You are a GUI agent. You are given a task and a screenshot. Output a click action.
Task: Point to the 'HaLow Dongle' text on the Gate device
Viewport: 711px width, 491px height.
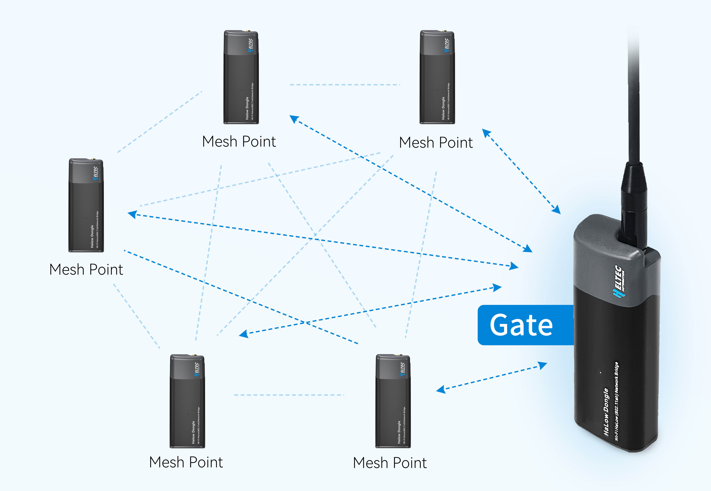[x=606, y=412]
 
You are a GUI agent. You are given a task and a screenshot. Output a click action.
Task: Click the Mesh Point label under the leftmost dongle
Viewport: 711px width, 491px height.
[x=86, y=269]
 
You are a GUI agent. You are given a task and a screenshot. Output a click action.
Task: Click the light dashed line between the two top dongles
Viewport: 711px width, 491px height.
[x=345, y=85]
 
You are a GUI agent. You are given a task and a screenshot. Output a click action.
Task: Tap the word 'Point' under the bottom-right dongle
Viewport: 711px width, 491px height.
[x=410, y=463]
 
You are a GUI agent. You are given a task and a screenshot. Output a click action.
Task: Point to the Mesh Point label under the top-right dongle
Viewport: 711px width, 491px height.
[x=436, y=143]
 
